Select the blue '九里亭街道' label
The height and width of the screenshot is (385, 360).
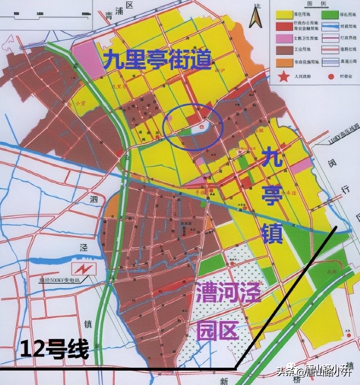coord(157,61)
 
